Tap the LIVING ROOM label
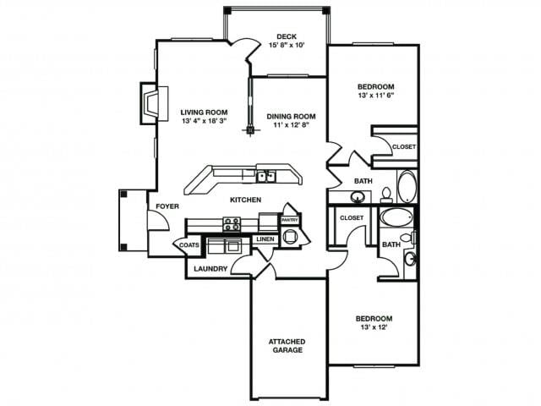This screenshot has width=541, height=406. [x=204, y=111]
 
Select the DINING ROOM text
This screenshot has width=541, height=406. [x=291, y=116]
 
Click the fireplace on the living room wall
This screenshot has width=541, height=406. [x=150, y=103]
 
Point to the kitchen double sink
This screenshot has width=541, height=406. [x=266, y=176]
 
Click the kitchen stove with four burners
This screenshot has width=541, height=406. [x=232, y=224]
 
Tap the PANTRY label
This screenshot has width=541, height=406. [x=290, y=219]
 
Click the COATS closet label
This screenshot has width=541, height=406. [x=188, y=245]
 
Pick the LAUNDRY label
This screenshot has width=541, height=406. [x=210, y=270]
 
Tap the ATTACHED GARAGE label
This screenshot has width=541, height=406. [x=287, y=345]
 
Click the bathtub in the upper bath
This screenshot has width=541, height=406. [x=407, y=185]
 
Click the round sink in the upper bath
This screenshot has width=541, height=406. [x=358, y=197]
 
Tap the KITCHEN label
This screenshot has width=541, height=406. [x=245, y=200]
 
